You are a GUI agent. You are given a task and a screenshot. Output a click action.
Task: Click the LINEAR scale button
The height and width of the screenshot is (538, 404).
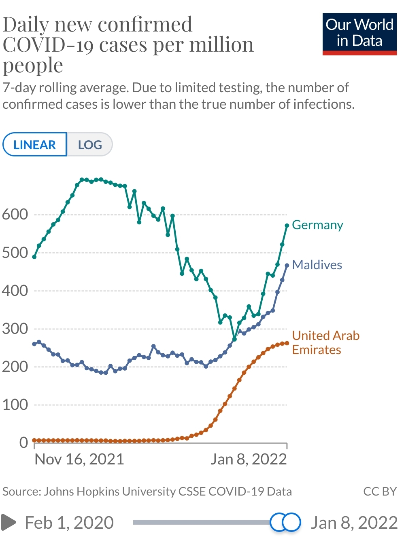pyautogui.click(x=34, y=145)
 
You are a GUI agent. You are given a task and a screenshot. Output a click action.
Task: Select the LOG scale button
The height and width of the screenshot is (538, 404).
pyautogui.click(x=89, y=145)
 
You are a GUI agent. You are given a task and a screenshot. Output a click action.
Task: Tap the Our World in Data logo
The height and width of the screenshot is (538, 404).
pyautogui.click(x=359, y=34)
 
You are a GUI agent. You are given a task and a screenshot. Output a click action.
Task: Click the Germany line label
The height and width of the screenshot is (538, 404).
pyautogui.click(x=317, y=225)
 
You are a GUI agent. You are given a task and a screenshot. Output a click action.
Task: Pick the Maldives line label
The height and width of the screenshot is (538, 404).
pyautogui.click(x=317, y=265)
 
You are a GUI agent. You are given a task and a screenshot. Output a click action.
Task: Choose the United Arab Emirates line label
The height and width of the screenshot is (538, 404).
pyautogui.click(x=325, y=342)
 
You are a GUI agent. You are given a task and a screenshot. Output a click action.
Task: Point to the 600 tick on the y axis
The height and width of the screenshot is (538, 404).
pyautogui.click(x=15, y=214)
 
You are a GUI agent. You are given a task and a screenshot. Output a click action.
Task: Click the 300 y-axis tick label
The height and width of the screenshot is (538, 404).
pyautogui.click(x=15, y=329)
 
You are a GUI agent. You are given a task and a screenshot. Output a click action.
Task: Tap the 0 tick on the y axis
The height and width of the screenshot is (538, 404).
pyautogui.click(x=23, y=443)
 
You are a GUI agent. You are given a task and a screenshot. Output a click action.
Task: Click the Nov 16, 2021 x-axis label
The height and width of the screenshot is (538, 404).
pyautogui.click(x=79, y=459)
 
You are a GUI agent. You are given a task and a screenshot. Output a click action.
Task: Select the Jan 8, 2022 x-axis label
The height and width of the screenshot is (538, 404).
pyautogui.click(x=249, y=459)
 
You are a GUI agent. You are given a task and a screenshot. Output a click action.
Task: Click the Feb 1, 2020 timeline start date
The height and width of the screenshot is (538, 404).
pyautogui.click(x=69, y=523)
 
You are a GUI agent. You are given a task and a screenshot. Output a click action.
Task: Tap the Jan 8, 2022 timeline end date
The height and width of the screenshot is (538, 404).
pyautogui.click(x=354, y=523)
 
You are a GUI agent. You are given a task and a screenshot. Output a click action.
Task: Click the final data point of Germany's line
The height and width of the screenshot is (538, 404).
pyautogui.click(x=287, y=226)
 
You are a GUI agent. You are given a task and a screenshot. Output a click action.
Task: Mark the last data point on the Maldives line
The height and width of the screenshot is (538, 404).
pyautogui.click(x=287, y=266)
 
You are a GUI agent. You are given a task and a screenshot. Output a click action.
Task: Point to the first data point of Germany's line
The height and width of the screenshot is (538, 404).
pyautogui.click(x=34, y=257)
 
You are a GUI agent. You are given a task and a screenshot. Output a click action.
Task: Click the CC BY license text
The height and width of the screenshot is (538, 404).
pyautogui.click(x=380, y=492)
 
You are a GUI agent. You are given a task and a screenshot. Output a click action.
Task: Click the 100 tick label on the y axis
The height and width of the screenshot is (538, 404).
pyautogui.click(x=15, y=405)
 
